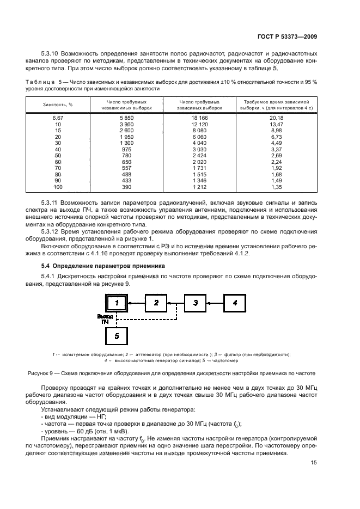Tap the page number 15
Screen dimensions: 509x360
313,463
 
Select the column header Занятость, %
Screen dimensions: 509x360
54,105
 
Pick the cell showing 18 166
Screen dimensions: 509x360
199,118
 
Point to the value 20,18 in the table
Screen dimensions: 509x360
277,118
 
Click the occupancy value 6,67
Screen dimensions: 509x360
57,118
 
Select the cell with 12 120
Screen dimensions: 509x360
199,124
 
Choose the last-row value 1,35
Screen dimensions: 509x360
277,187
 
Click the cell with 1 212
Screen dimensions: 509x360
199,187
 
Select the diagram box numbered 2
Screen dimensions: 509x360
156,302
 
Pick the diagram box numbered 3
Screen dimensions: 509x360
196,302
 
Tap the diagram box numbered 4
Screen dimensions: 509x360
235,302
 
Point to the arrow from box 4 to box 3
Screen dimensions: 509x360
215,302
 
